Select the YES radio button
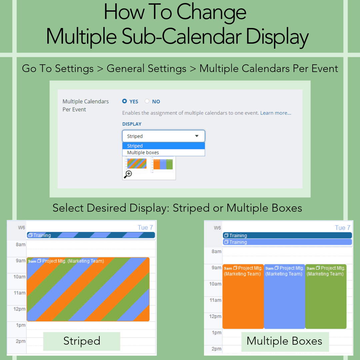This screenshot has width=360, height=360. [124, 101]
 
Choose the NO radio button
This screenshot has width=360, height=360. [147, 101]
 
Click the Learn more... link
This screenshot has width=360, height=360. [276, 113]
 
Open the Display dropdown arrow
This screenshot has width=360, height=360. [197, 136]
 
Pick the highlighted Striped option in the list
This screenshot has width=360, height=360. [163, 146]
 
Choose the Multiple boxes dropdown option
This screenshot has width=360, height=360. [163, 152]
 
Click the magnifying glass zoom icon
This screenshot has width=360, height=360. [128, 174]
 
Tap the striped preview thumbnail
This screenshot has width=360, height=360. [137, 163]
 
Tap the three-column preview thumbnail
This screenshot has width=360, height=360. [163, 164]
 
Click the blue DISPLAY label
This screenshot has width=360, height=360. [132, 124]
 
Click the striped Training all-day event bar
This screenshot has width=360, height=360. [91, 235]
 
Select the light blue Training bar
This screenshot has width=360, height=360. [287, 242]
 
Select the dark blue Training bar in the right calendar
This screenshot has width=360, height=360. [287, 235]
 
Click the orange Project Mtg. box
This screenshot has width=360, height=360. [243, 296]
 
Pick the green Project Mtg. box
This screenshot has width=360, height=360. [326, 296]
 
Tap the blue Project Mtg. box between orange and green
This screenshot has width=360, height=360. [284, 296]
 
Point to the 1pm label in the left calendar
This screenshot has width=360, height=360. [21, 325]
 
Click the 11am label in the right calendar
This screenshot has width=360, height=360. [215, 300]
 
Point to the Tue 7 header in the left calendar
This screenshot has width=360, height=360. [145, 228]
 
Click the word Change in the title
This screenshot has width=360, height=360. [211, 13]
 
